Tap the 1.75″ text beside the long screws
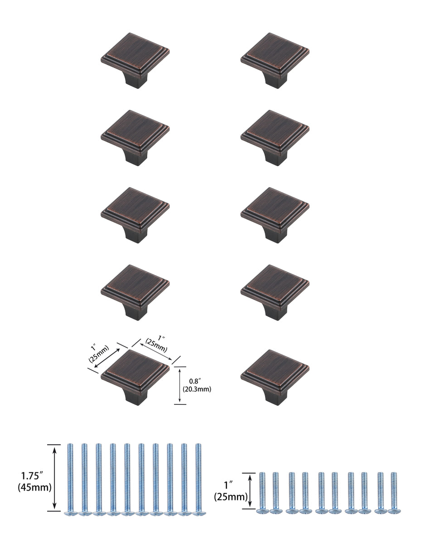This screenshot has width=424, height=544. point(33,476)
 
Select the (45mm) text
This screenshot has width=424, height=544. point(34,488)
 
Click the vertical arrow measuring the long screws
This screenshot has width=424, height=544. point(55,477)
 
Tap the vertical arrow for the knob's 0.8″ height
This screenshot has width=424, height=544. point(180,385)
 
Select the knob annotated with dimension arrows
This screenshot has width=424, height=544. point(135,373)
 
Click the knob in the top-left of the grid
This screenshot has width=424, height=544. point(135,56)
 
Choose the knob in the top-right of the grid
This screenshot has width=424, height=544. point(275,56)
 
